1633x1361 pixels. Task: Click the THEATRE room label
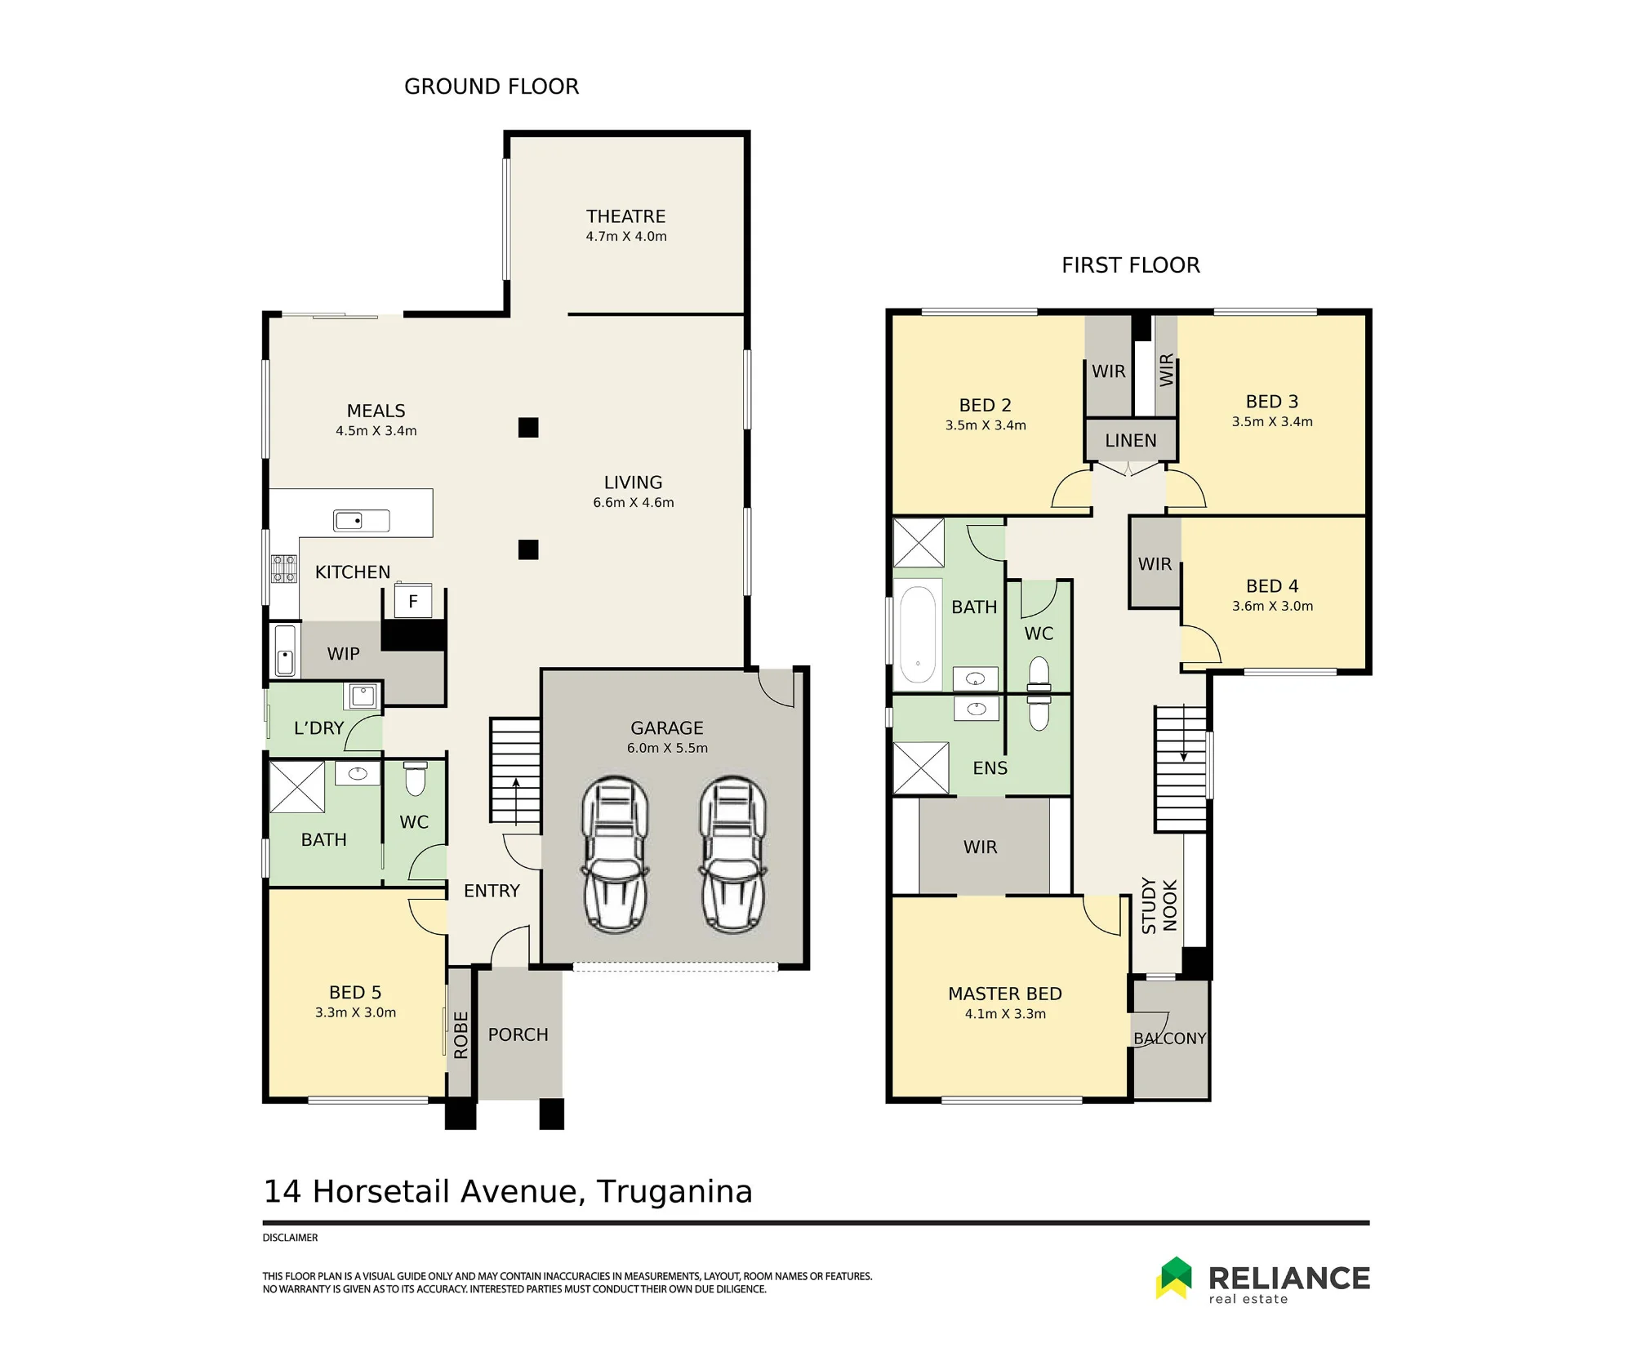click(x=625, y=216)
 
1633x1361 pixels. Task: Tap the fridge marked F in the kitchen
click(x=413, y=601)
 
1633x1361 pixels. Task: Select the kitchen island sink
click(x=361, y=520)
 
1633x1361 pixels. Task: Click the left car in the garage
click(x=615, y=854)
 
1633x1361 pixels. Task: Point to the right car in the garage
click(x=732, y=854)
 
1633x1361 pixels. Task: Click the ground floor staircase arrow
click(x=516, y=799)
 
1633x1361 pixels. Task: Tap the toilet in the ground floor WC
click(x=416, y=778)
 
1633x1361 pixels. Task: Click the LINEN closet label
click(x=1131, y=441)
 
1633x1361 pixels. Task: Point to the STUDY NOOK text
click(x=1159, y=905)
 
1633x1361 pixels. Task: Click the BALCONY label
click(x=1169, y=1039)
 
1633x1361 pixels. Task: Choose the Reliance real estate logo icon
click(x=1174, y=1278)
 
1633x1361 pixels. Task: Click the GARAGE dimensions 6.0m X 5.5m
click(x=667, y=748)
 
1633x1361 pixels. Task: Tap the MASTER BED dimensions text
click(x=1005, y=1014)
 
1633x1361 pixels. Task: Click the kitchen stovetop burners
click(x=284, y=568)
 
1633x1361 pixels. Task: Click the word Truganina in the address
click(x=674, y=1192)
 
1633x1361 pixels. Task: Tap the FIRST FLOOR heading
click(x=1131, y=265)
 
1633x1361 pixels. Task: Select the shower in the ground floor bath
click(x=297, y=787)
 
